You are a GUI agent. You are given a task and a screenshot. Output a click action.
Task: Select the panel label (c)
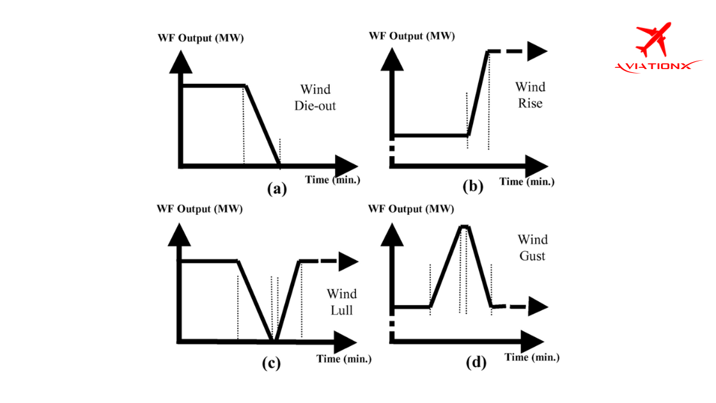271,363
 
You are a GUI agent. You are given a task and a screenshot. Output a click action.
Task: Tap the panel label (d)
476,363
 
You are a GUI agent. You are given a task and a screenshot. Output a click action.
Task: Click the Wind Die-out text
315,97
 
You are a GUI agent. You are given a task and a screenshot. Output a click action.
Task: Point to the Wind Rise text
529,94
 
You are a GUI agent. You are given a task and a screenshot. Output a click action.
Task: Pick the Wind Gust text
533,247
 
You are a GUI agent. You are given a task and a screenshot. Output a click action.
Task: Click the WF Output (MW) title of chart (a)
201,38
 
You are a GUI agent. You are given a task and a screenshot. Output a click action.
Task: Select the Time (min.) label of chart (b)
527,182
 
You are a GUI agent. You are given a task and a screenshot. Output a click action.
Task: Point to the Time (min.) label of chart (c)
344,359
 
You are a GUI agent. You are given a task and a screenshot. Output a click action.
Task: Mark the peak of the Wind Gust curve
465,226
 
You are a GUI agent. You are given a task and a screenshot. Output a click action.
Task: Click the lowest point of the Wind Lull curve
274,340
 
